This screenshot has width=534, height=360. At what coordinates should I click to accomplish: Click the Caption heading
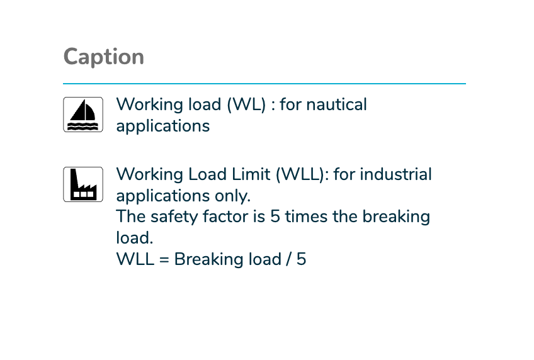click(x=103, y=57)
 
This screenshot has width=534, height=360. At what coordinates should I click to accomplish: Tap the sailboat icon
click(x=83, y=115)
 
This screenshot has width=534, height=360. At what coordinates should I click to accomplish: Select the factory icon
click(x=83, y=184)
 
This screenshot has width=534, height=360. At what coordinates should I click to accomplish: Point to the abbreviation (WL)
click(x=246, y=104)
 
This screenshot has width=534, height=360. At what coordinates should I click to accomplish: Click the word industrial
click(x=395, y=174)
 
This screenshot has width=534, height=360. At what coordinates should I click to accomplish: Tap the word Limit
click(x=251, y=174)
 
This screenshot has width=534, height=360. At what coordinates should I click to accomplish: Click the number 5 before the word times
click(x=275, y=217)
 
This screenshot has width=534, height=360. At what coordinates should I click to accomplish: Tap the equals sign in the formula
click(x=164, y=260)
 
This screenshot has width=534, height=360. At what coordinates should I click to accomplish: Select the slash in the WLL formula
click(x=289, y=259)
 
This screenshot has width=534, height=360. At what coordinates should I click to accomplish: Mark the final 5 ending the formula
click(x=302, y=259)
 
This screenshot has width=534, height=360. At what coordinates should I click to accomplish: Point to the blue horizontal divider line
click(x=264, y=83)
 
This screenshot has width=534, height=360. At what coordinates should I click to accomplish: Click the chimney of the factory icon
click(x=74, y=179)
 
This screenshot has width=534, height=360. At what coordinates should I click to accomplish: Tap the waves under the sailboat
click(x=83, y=127)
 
